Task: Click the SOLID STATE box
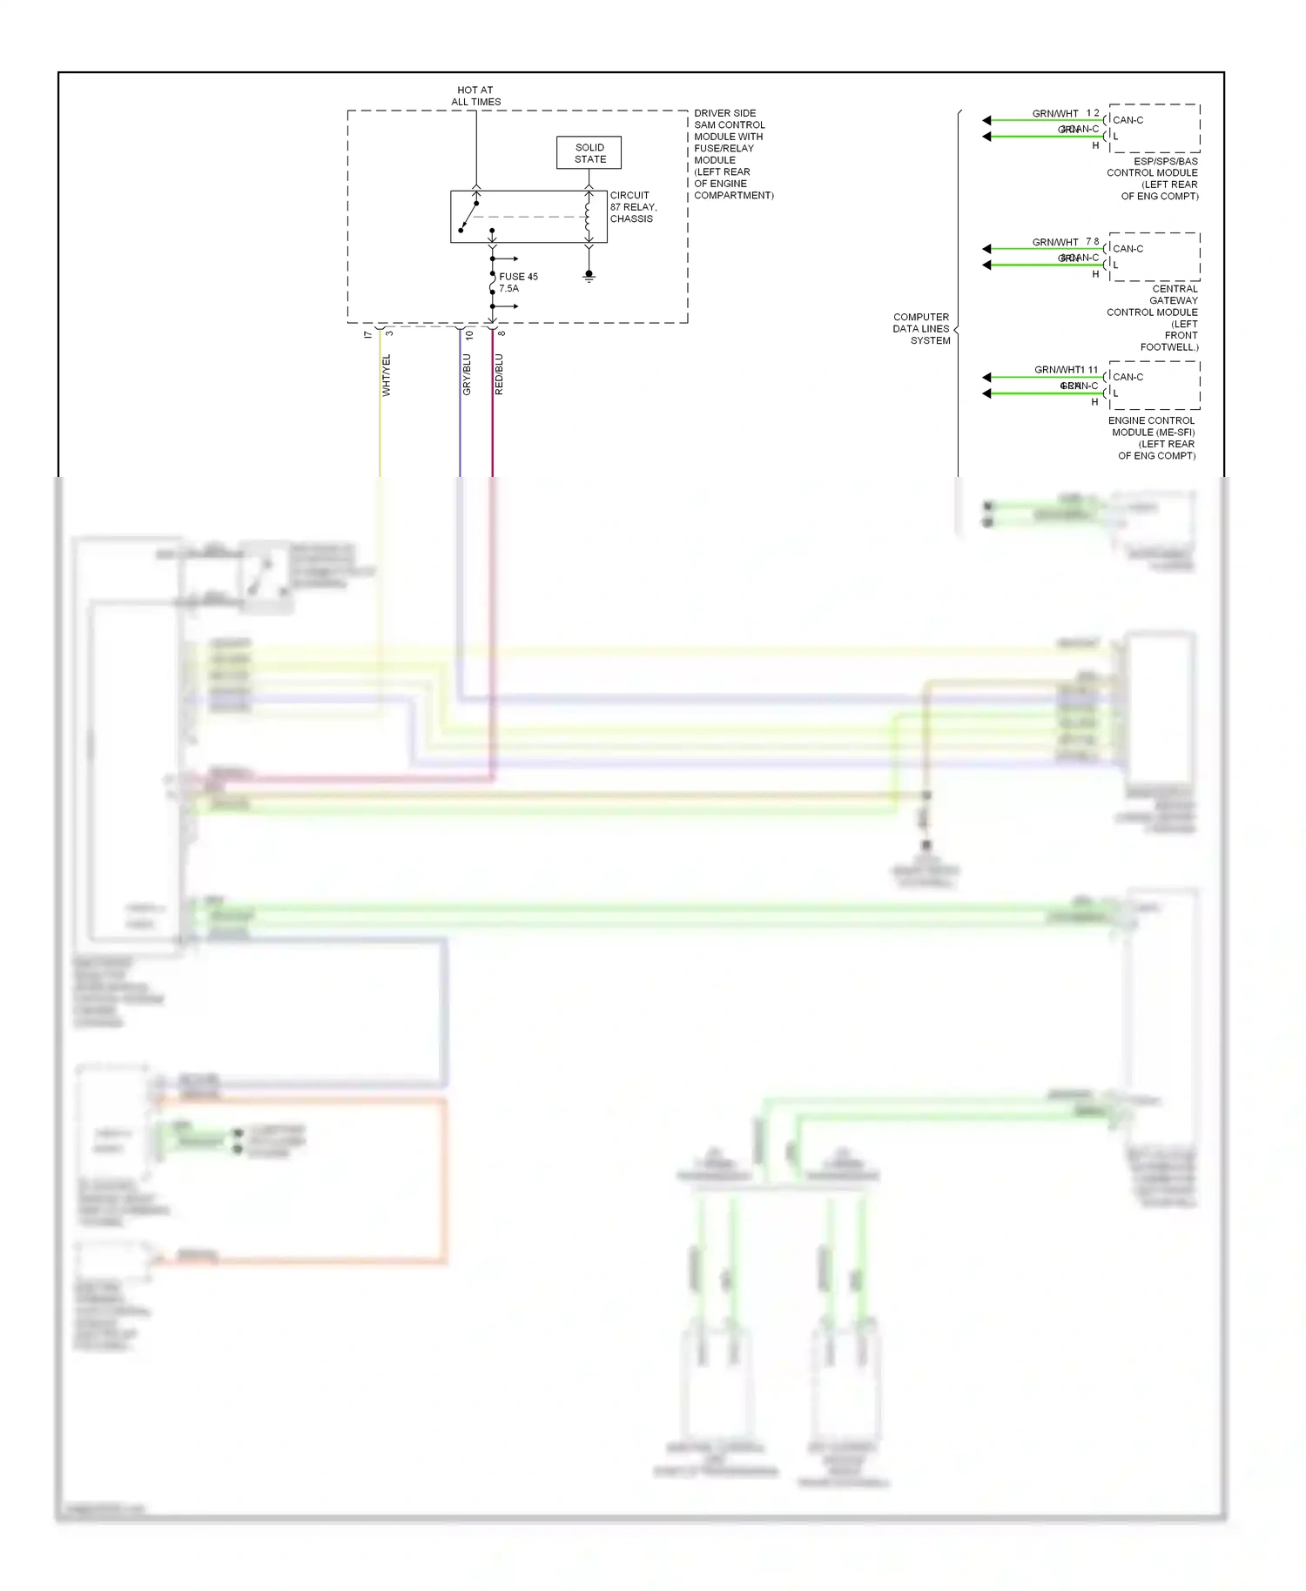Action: click(x=589, y=153)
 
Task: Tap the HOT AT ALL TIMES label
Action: click(x=475, y=96)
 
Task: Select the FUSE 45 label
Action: click(x=518, y=277)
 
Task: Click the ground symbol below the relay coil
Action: click(x=589, y=276)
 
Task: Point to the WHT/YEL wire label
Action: click(x=387, y=375)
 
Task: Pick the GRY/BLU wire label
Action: click(x=467, y=374)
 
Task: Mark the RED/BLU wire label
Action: click(x=499, y=374)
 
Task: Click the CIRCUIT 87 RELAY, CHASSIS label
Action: click(x=633, y=207)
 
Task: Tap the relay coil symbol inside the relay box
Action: click(x=589, y=217)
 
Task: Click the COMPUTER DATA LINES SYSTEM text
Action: click(x=921, y=329)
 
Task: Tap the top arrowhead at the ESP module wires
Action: click(x=986, y=120)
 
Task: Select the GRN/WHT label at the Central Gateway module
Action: click(x=1054, y=242)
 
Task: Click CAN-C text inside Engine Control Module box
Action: click(x=1128, y=377)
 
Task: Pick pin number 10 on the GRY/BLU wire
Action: click(x=469, y=335)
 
